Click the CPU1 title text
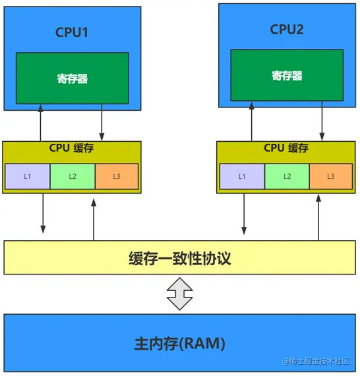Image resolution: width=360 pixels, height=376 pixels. pos(72,32)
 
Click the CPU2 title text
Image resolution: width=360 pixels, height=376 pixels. pos(287,29)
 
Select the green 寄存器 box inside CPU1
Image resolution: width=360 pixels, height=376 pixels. pos(72,78)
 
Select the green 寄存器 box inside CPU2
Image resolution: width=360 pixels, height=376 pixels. pos(287,76)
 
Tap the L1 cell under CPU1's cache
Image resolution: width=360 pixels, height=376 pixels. pos(27,176)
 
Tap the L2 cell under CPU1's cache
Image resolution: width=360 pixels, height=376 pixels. pos(73,176)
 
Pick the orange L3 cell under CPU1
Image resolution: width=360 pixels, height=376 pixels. pos(117,176)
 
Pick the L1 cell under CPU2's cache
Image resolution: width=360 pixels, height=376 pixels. pos(242,176)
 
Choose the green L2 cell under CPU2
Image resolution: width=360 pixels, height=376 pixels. pos(287,176)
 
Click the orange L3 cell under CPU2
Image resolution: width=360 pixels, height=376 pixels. pos(331,176)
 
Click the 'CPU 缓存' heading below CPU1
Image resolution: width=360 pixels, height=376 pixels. pos(72,148)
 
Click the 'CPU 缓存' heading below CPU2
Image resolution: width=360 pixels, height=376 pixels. pos(287,148)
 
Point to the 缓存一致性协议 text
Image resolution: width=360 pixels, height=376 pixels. pos(179,258)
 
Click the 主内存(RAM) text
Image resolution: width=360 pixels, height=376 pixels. pos(179,343)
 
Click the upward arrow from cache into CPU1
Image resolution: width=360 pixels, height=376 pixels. pos(41,122)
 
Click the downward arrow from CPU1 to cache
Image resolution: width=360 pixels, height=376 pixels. pos(102,122)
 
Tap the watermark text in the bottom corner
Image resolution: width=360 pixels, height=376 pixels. pos(319,362)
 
